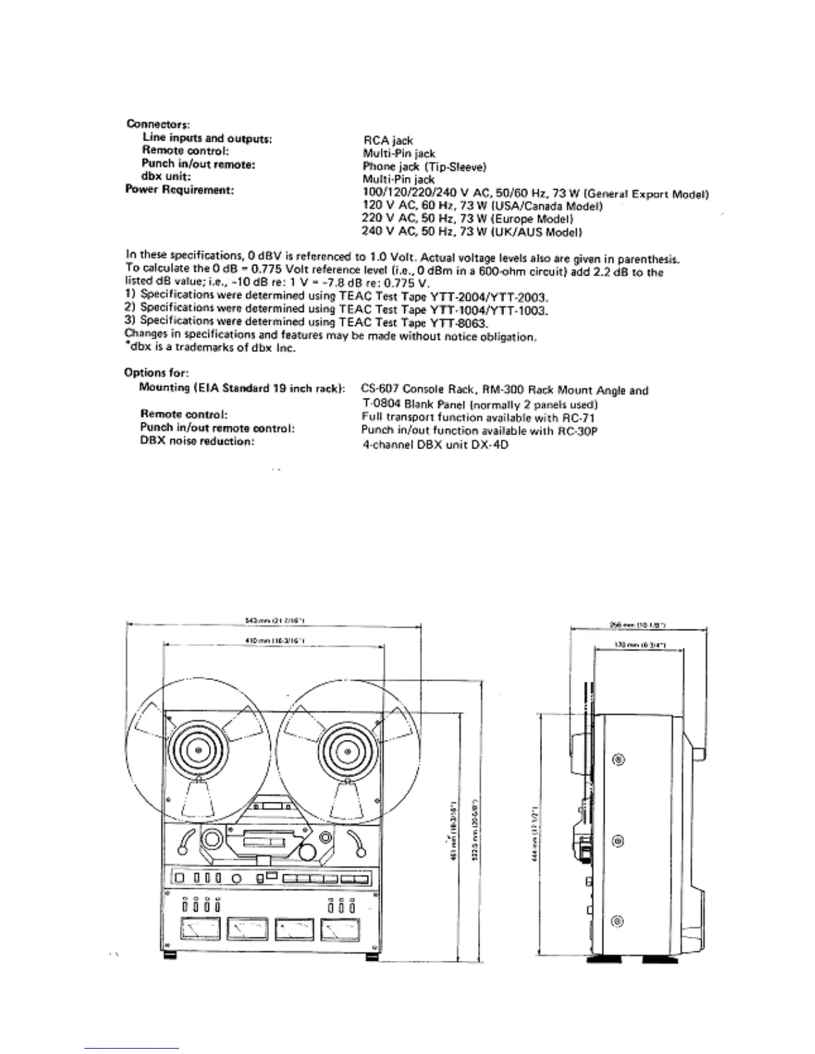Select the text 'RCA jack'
click(x=388, y=140)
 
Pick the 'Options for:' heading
click(x=156, y=373)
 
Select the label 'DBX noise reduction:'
click(x=197, y=441)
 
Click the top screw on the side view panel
click(x=619, y=761)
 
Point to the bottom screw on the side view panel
click(x=619, y=922)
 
